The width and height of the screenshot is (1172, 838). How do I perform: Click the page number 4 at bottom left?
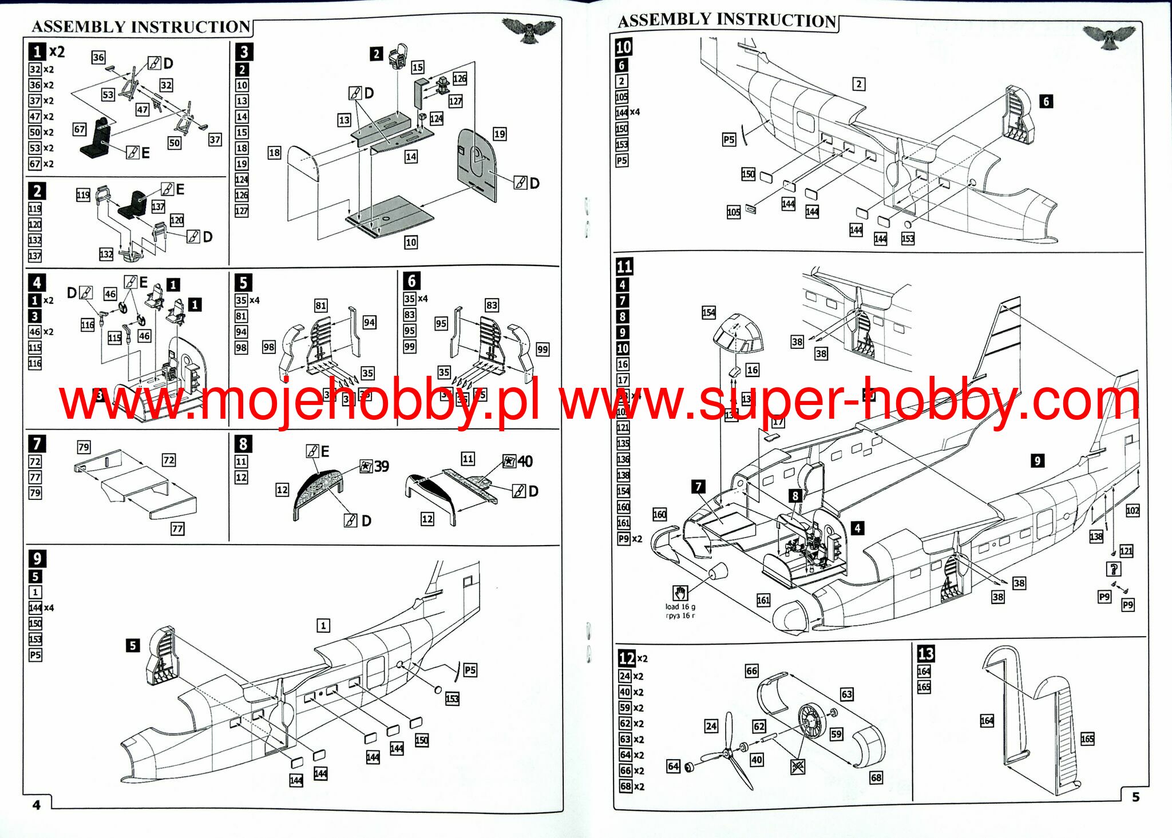click(37, 805)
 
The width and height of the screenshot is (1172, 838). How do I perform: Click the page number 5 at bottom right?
click(1136, 796)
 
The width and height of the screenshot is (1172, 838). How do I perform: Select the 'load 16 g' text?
click(680, 607)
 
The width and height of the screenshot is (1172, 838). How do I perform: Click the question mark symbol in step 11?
click(1114, 569)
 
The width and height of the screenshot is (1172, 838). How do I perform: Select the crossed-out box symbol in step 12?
click(798, 766)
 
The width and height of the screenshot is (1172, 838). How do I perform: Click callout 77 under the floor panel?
click(177, 529)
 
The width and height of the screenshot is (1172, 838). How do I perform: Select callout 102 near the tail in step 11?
click(1132, 510)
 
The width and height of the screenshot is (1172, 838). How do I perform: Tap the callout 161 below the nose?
click(763, 600)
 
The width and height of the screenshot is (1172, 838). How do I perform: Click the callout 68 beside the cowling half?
click(876, 777)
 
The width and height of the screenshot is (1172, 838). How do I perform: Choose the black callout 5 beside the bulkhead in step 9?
click(132, 645)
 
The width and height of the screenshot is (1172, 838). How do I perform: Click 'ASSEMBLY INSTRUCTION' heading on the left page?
click(141, 27)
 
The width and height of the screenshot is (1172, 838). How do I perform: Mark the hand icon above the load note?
click(680, 593)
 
